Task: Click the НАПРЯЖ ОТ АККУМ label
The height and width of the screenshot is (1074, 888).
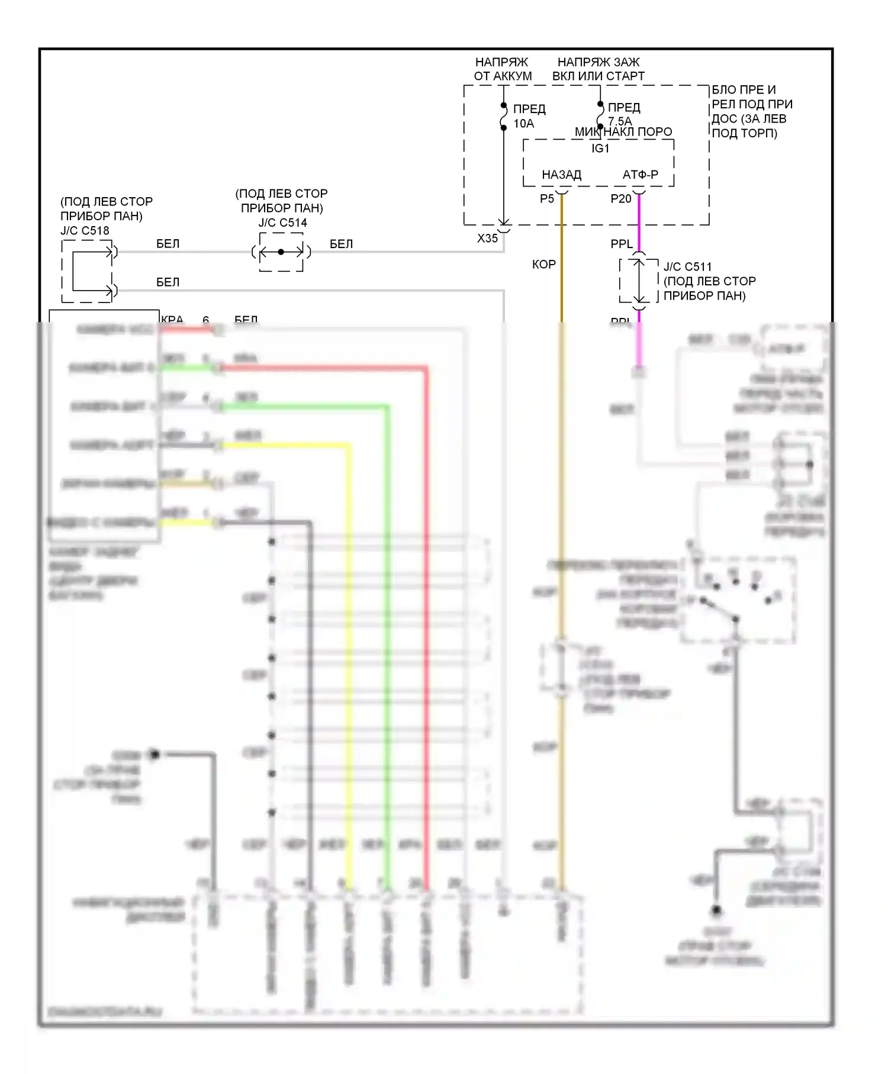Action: tap(503, 69)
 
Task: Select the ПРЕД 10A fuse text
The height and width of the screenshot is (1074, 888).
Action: tap(529, 116)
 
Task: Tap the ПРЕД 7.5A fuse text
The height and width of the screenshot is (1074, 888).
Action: tap(623, 114)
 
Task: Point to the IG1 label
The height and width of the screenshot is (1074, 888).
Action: tap(600, 149)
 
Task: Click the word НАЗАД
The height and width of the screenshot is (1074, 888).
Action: tap(561, 175)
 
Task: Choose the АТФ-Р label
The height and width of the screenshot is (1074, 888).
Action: tap(640, 175)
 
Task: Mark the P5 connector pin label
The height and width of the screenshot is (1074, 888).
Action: tap(546, 199)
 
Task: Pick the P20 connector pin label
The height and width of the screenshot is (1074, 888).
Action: tap(620, 199)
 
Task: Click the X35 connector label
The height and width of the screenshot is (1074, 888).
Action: tap(487, 238)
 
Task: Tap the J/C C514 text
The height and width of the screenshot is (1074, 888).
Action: tap(282, 223)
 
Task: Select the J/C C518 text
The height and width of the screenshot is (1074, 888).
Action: tap(85, 230)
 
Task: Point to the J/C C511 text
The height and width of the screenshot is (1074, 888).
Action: tap(687, 267)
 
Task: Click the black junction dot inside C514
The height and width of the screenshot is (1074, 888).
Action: tap(281, 252)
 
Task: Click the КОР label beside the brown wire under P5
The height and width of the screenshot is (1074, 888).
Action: tap(543, 265)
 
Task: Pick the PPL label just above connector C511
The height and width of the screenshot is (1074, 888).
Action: tap(622, 244)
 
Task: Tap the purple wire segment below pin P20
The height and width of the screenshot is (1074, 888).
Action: tap(639, 222)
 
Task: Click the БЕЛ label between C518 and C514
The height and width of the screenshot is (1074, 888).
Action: tap(168, 244)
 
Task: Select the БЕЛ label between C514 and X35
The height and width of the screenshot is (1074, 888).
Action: tap(341, 244)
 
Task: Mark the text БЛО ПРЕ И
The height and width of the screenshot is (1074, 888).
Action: tap(743, 90)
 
